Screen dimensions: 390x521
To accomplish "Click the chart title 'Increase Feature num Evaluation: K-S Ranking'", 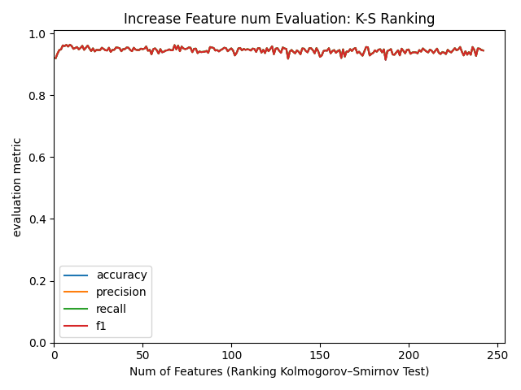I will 279,19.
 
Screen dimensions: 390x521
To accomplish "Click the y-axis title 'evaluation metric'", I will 17,187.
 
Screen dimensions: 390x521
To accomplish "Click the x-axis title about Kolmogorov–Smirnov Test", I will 279,371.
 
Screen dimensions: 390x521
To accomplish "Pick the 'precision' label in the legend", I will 121,292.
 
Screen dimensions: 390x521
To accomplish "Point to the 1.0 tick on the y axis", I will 39,34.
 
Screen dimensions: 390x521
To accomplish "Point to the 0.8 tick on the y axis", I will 39,96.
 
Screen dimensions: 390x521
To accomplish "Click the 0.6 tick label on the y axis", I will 39,158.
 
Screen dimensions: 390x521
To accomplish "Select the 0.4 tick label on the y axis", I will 39,219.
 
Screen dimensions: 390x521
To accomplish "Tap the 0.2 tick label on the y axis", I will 39,281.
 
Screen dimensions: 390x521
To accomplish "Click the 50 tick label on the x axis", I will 142,355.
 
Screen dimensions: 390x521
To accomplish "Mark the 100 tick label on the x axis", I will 231,355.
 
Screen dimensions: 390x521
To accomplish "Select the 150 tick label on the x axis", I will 320,355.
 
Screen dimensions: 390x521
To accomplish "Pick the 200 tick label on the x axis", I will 409,355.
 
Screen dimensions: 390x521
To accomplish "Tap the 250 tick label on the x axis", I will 497,355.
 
